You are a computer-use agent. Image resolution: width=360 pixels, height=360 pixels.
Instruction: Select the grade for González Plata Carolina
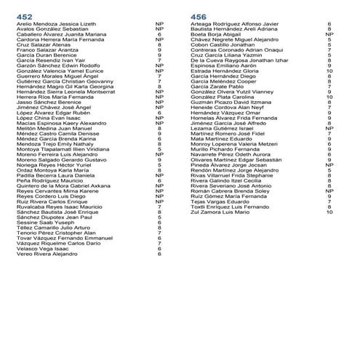(329, 97)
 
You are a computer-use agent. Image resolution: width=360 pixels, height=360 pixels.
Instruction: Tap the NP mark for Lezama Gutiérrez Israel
(329, 129)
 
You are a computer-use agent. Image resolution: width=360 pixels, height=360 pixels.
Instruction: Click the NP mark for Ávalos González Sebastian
(159, 28)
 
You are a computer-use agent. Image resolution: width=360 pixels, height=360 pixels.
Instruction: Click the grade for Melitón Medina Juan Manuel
(159, 129)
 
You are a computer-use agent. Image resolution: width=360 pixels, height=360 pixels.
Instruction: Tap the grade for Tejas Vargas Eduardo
(329, 201)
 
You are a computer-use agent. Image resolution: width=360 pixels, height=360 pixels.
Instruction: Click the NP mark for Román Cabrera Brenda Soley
(329, 191)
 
